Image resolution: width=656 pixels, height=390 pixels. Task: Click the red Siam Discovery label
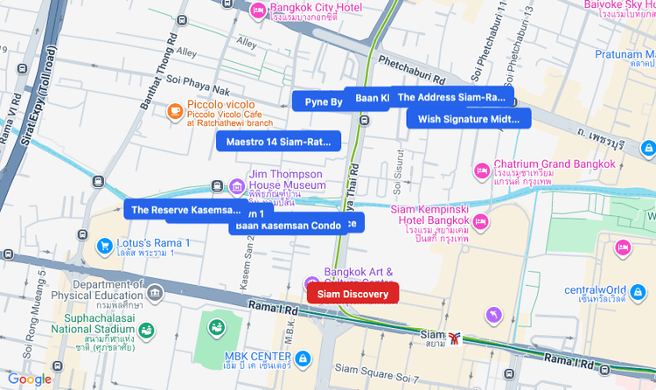pos(352,294)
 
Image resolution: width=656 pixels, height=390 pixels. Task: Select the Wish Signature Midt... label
pos(468,118)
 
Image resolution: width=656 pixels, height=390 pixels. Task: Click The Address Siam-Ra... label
pos(452,97)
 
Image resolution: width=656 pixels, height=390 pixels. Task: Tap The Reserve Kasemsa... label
pos(184,210)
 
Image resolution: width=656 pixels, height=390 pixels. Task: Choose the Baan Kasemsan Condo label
pos(285,226)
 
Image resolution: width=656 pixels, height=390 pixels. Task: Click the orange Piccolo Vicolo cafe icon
pos(175,111)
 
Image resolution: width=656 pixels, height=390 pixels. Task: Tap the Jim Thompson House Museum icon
pos(236,185)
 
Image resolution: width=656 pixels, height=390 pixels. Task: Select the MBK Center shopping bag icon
pos(302,358)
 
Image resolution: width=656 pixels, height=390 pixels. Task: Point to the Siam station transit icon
pos(454,337)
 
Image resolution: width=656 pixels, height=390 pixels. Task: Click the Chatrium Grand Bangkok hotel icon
pos(480,170)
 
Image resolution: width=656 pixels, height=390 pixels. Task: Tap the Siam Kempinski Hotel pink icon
pos(480,222)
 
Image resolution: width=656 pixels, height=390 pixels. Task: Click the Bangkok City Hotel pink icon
pos(257,10)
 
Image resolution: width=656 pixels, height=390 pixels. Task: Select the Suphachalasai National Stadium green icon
pos(147,330)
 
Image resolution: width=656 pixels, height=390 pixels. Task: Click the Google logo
pos(29,379)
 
